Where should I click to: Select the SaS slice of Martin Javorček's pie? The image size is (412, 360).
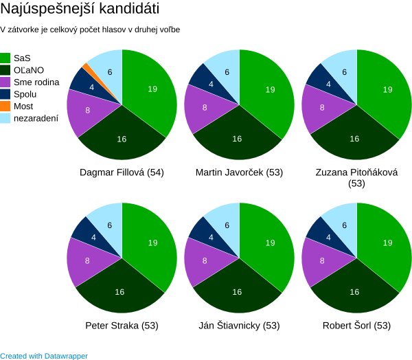270,89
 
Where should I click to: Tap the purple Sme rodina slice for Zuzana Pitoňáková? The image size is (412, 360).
323,108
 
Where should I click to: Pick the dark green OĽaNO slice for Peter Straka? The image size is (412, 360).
119,292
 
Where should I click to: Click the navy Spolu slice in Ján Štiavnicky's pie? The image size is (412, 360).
201,236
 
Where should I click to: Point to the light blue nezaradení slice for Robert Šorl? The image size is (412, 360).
343,224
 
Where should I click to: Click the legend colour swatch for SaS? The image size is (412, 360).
5,58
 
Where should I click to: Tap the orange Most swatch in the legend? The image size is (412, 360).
5,106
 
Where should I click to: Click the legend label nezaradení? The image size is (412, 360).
36,118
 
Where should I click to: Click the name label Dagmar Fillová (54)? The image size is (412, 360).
122,172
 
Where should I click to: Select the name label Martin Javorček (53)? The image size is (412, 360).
239,172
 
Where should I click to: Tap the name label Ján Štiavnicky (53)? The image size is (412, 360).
239,325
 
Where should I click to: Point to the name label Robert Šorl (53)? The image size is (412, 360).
356,325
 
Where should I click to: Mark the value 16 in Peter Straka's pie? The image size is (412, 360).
119,292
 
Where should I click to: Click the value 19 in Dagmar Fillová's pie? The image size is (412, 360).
152,89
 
